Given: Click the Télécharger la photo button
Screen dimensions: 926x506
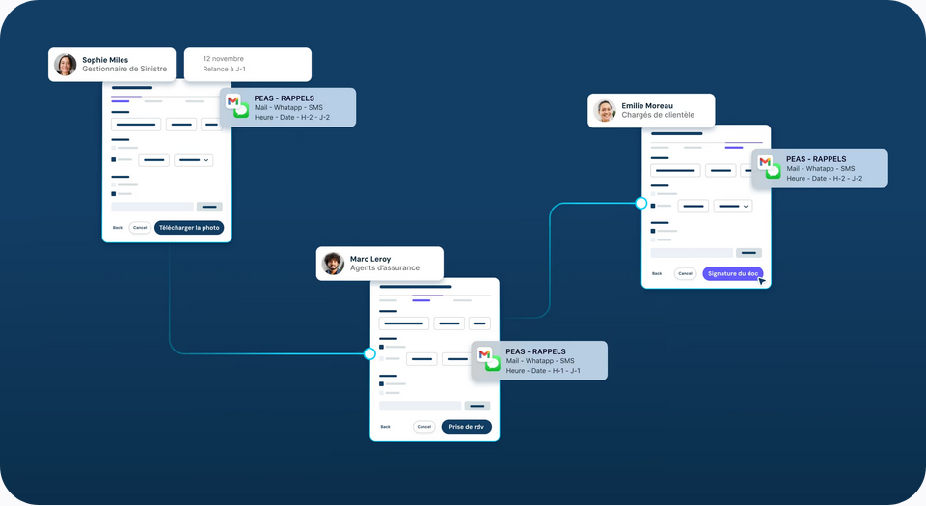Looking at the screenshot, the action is (189, 228).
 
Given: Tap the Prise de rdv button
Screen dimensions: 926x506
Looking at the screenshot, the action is (467, 427).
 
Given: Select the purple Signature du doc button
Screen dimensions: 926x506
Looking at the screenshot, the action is (733, 273).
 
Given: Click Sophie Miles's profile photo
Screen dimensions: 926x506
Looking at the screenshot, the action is (65, 65).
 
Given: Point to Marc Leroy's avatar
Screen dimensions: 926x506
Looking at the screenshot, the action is (333, 264).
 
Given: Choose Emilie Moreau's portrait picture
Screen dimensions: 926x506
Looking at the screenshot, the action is (605, 110).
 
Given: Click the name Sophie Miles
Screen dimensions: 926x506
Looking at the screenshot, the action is (105, 60).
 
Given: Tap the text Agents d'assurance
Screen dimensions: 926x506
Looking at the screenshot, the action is (385, 267).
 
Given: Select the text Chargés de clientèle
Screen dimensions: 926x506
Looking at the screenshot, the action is (658, 115).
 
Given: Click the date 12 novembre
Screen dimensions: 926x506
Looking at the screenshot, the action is (223, 59).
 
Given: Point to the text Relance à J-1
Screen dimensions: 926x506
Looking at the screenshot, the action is (225, 70).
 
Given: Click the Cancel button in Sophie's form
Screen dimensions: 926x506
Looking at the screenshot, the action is (140, 228).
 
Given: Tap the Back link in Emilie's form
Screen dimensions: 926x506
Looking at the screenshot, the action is (657, 273).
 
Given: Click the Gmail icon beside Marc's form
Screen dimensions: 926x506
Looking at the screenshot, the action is (484, 354).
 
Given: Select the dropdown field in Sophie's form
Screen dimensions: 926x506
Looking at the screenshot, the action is (194, 160).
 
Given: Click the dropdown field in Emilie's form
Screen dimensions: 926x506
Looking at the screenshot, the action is (733, 207).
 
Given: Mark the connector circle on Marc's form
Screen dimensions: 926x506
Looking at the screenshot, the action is (369, 354).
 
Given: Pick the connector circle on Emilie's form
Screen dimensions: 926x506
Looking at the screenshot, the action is (641, 204).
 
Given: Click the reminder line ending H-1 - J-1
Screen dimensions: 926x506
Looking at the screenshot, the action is (543, 371).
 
